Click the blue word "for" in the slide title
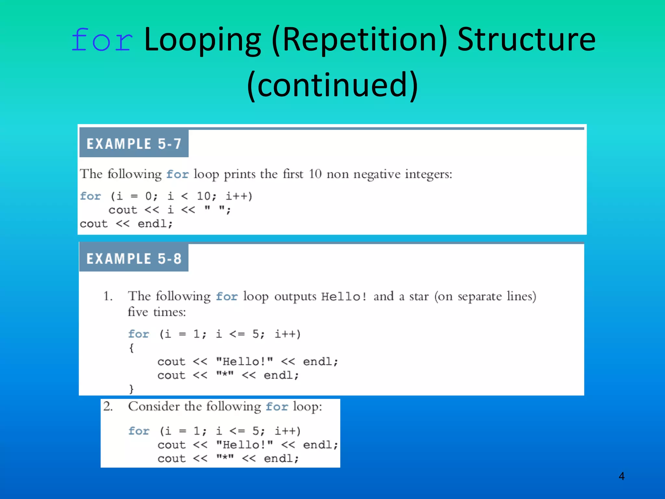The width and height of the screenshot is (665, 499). click(x=102, y=40)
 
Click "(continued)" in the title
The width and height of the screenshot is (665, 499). click(x=332, y=85)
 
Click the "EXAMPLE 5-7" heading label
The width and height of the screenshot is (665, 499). click(x=134, y=144)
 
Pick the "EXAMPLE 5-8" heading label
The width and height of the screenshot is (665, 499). click(x=134, y=259)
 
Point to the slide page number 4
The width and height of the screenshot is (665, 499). click(x=621, y=476)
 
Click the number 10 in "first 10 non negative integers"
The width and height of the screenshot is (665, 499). click(x=315, y=174)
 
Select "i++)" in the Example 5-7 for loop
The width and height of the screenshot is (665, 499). click(x=239, y=196)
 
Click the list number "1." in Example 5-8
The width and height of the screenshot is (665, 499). click(x=108, y=296)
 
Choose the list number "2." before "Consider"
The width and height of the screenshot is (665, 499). click(x=108, y=406)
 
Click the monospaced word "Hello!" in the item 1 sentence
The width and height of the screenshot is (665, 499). click(x=344, y=297)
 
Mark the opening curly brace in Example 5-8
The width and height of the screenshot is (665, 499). click(x=132, y=348)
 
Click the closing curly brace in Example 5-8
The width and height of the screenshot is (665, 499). click(x=132, y=389)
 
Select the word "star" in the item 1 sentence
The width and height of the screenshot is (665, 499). click(x=419, y=297)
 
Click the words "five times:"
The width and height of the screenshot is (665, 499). click(x=157, y=312)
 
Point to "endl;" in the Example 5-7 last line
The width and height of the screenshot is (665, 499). click(x=155, y=224)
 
